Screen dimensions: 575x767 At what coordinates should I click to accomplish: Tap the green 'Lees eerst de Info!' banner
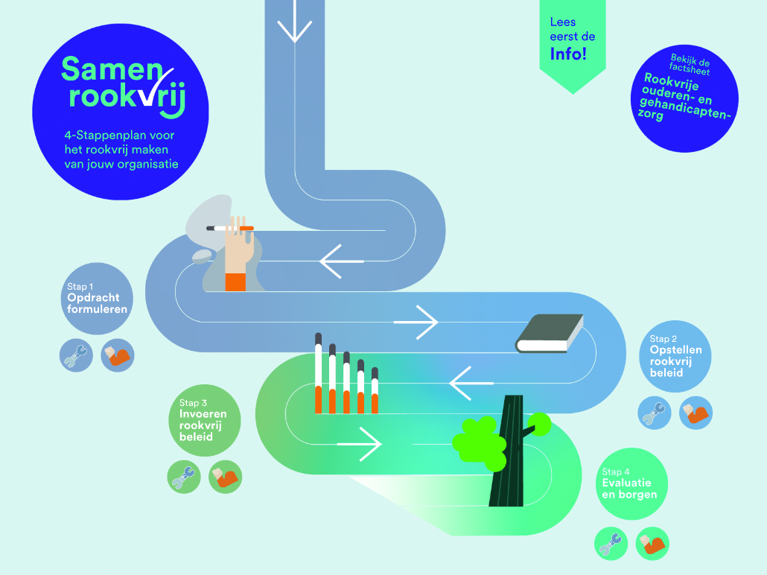(x=572, y=41)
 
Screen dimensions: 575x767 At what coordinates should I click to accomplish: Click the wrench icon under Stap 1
(x=76, y=355)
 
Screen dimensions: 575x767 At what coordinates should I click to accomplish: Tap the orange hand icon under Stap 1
(x=117, y=355)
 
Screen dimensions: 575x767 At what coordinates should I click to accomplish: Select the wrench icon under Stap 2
(x=654, y=413)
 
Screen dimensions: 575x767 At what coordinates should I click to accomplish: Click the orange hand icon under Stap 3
(x=225, y=477)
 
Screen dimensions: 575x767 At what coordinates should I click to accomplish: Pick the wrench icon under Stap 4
(x=611, y=543)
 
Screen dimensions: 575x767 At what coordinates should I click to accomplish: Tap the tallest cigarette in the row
(x=318, y=373)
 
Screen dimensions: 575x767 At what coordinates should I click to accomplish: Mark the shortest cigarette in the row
(x=375, y=390)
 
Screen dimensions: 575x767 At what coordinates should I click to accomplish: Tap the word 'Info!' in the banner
(x=568, y=54)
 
